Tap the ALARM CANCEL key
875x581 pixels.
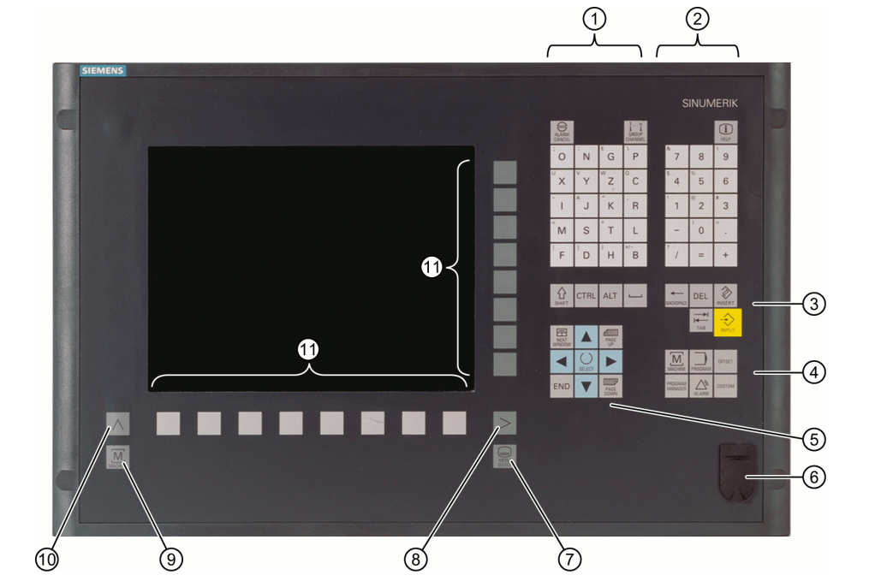(x=562, y=131)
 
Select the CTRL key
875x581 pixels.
(x=586, y=295)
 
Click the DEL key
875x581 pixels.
(x=700, y=295)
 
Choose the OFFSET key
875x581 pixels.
(x=726, y=359)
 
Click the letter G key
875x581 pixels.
(x=611, y=157)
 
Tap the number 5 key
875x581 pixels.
(x=700, y=181)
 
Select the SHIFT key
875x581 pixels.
(x=562, y=295)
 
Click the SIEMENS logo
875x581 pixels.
(x=102, y=70)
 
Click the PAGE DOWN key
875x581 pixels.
(x=611, y=385)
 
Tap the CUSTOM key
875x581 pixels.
(x=726, y=385)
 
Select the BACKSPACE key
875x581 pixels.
(x=676, y=295)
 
